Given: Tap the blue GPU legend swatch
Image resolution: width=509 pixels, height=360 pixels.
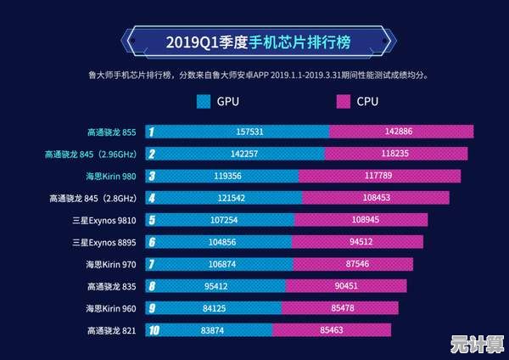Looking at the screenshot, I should [203, 102].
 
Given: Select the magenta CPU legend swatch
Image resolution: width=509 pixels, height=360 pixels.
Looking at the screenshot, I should [344, 102].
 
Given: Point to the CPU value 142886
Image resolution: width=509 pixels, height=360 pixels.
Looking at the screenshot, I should [398, 132].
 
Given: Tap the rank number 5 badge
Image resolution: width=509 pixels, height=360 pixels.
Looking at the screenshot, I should [151, 220].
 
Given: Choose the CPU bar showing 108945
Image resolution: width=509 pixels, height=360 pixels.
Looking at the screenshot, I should [361, 220].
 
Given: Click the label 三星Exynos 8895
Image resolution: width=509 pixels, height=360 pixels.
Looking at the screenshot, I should [107, 242].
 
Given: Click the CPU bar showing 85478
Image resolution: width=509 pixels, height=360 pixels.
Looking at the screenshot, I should [337, 307].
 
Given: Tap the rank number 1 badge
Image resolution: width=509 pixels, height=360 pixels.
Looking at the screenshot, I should [151, 132].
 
